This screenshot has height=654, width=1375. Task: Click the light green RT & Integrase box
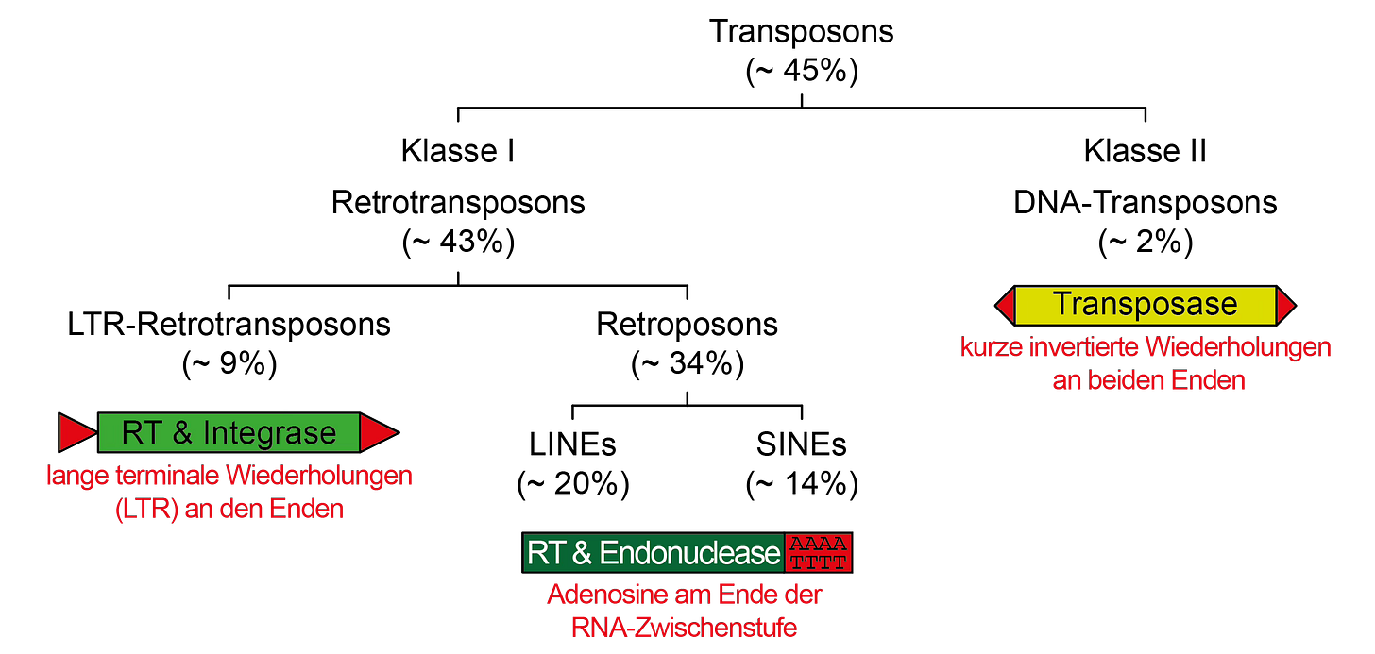229,432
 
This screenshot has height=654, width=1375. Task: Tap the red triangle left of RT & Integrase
76,432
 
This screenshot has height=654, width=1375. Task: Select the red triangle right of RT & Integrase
378,433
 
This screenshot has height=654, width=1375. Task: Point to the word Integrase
269,433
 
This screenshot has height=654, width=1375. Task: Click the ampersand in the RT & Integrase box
183,433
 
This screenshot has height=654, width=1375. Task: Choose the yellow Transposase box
1145,305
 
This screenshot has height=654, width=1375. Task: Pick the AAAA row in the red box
818,545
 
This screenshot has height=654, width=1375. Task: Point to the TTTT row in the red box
818,562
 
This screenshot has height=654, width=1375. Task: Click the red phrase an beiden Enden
1148,380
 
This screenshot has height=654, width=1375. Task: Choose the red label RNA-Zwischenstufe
684,627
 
